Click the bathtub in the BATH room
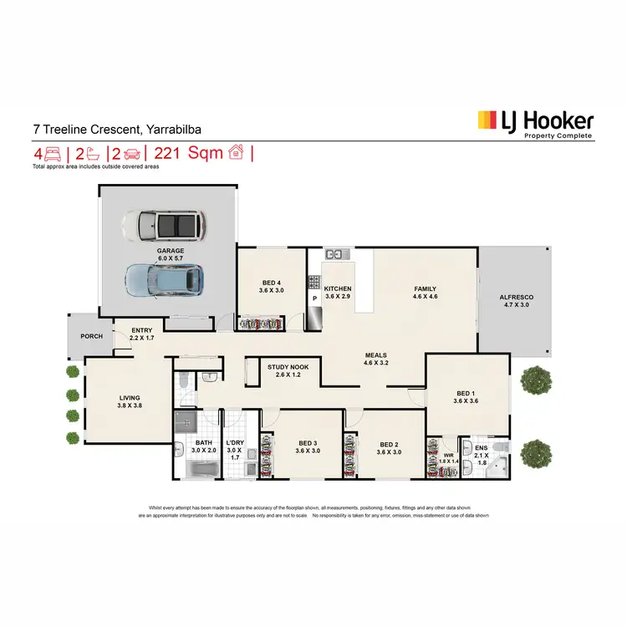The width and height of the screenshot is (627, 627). coord(196,471)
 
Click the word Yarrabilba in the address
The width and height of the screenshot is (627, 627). coord(174,130)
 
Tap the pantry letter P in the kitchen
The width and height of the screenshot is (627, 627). coord(314,298)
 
